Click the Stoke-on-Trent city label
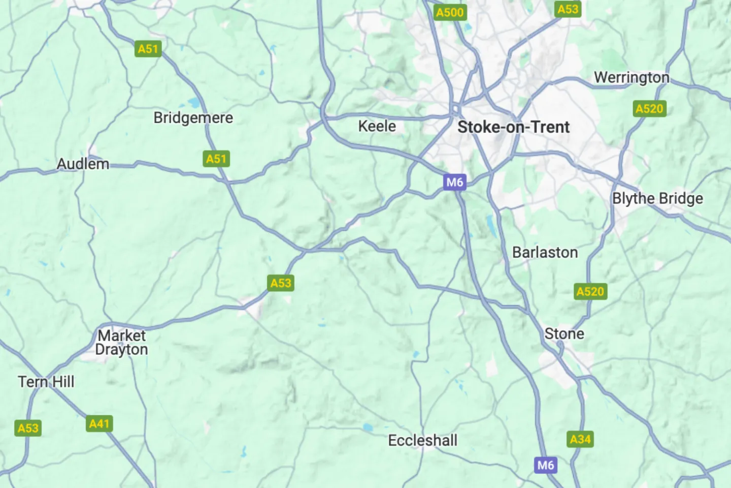pyautogui.click(x=513, y=127)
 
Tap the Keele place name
pyautogui.click(x=377, y=126)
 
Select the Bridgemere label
pyautogui.click(x=193, y=118)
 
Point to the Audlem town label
pyautogui.click(x=83, y=164)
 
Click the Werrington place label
pyautogui.click(x=632, y=78)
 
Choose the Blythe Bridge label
pyautogui.click(x=657, y=198)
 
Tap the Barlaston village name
pyautogui.click(x=545, y=253)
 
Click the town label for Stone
pyautogui.click(x=564, y=334)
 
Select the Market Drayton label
pyautogui.click(x=122, y=343)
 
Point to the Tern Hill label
pyautogui.click(x=46, y=382)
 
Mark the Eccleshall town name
pyautogui.click(x=422, y=441)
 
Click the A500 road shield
pyautogui.click(x=450, y=13)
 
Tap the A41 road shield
pyautogui.click(x=99, y=424)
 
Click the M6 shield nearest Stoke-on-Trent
pyautogui.click(x=454, y=182)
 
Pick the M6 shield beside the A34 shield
pyautogui.click(x=546, y=465)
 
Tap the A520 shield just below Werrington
pyautogui.click(x=649, y=109)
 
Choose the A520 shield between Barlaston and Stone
pyautogui.click(x=590, y=292)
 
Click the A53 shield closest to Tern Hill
pyautogui.click(x=28, y=429)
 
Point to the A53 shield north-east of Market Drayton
pyautogui.click(x=281, y=283)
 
